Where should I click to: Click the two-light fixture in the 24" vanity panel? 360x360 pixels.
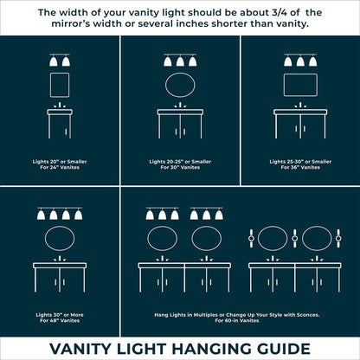(59, 60)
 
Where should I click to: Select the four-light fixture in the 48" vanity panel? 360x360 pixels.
(59, 213)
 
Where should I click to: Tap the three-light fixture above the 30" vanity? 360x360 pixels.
(179, 61)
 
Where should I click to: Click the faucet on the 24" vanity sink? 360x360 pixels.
(59, 107)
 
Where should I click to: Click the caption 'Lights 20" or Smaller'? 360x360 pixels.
(59, 161)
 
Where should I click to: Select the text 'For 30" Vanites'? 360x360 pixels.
(179, 167)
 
